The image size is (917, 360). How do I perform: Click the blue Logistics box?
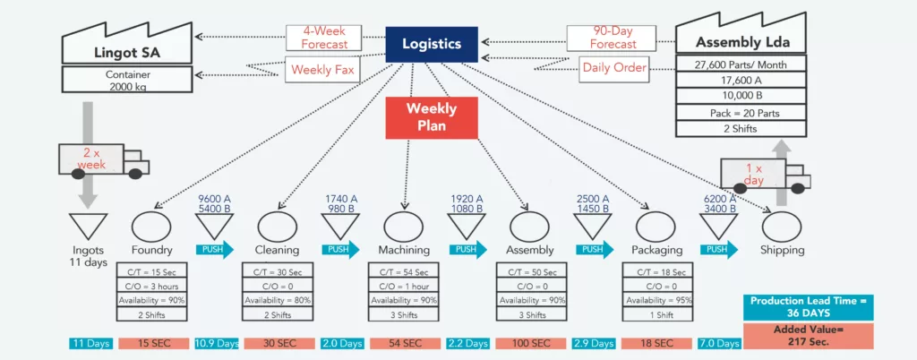coord(432,44)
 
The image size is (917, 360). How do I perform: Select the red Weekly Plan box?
coord(432,117)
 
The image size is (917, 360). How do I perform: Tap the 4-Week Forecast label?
coord(324,37)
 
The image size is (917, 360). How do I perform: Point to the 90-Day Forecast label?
coord(613,37)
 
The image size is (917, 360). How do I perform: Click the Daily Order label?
coord(614,67)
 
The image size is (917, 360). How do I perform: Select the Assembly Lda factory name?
coord(737,42)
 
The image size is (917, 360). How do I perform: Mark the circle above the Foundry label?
coord(151,224)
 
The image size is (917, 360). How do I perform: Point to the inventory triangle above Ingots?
coord(88,225)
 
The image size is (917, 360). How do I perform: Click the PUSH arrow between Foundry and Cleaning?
coord(214,250)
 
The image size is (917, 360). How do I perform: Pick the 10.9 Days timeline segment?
coord(216,343)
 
